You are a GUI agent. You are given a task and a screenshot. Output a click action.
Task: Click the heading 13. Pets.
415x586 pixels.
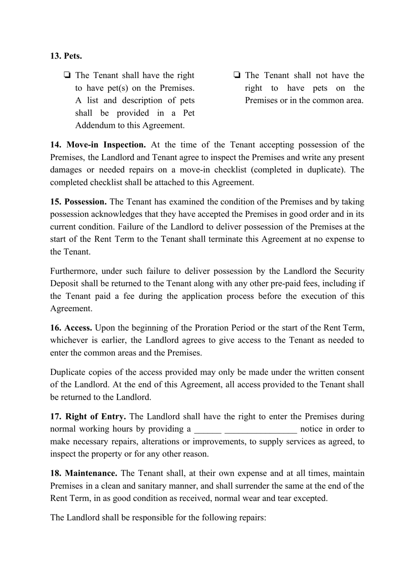point(66,56)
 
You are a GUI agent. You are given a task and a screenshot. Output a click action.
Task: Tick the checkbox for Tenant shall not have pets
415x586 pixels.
point(237,75)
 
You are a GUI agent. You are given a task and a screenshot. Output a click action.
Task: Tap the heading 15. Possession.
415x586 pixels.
point(78,202)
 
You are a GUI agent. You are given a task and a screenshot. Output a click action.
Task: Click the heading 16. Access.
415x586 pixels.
point(71,328)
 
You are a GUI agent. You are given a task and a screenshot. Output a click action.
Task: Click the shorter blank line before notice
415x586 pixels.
point(207,430)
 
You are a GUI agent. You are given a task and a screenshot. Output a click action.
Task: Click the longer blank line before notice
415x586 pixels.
point(261,430)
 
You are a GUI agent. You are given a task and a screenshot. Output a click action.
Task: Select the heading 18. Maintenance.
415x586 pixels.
point(84,473)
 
